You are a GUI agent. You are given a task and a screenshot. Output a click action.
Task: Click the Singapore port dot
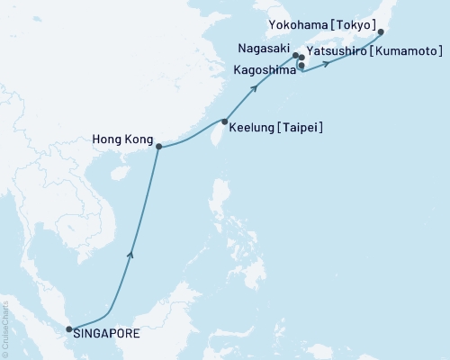tap(69, 329)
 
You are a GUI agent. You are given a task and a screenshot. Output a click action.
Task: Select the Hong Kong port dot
tap(159, 147)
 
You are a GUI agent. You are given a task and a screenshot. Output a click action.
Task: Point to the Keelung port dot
tap(224, 121)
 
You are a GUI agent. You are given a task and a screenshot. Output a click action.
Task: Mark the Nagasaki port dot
tap(295, 55)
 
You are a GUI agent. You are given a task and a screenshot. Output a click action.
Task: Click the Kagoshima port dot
tap(301, 66)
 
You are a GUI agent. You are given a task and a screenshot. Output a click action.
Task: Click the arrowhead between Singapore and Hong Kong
tap(132, 256)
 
